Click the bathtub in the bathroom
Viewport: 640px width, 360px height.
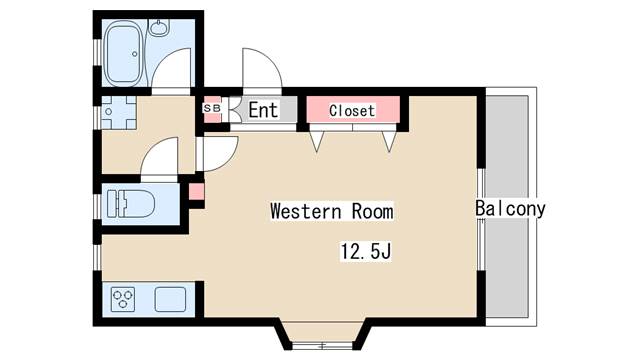pos(124,52)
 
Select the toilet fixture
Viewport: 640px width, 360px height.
pos(129,204)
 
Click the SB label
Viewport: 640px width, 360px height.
pos(212,108)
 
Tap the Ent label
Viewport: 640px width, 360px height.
pos(262,110)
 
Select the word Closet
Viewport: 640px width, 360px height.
pos(352,111)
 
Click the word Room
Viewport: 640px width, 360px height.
pos(371,212)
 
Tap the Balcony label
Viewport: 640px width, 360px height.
pos(510,209)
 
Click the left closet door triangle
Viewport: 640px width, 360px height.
pos(318,141)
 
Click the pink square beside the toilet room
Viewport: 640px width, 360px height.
pos(196,190)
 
